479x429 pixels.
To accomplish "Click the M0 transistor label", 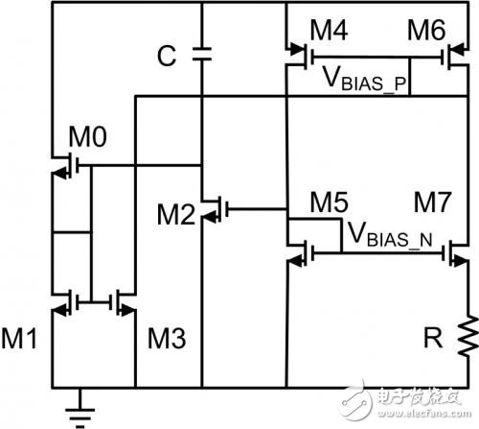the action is [88, 136].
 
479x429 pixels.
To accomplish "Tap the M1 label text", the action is [19, 338].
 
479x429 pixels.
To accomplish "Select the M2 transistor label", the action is [176, 214].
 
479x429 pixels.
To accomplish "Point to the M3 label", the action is [167, 338].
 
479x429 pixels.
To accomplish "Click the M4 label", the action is [329, 30].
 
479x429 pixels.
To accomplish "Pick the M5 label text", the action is [329, 203].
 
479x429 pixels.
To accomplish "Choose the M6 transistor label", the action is [426, 30].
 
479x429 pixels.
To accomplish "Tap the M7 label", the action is [432, 203].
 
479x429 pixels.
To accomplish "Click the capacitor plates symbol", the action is [202, 54].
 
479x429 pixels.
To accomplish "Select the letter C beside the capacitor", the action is [167, 56].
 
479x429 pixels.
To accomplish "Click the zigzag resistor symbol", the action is [468, 336].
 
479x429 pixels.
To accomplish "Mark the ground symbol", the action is [80, 413].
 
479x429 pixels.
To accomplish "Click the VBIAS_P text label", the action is [364, 79].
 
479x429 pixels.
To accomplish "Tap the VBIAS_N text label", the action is [390, 234].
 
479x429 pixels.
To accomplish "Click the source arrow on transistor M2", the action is [209, 218].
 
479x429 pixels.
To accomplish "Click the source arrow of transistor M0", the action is [59, 174].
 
